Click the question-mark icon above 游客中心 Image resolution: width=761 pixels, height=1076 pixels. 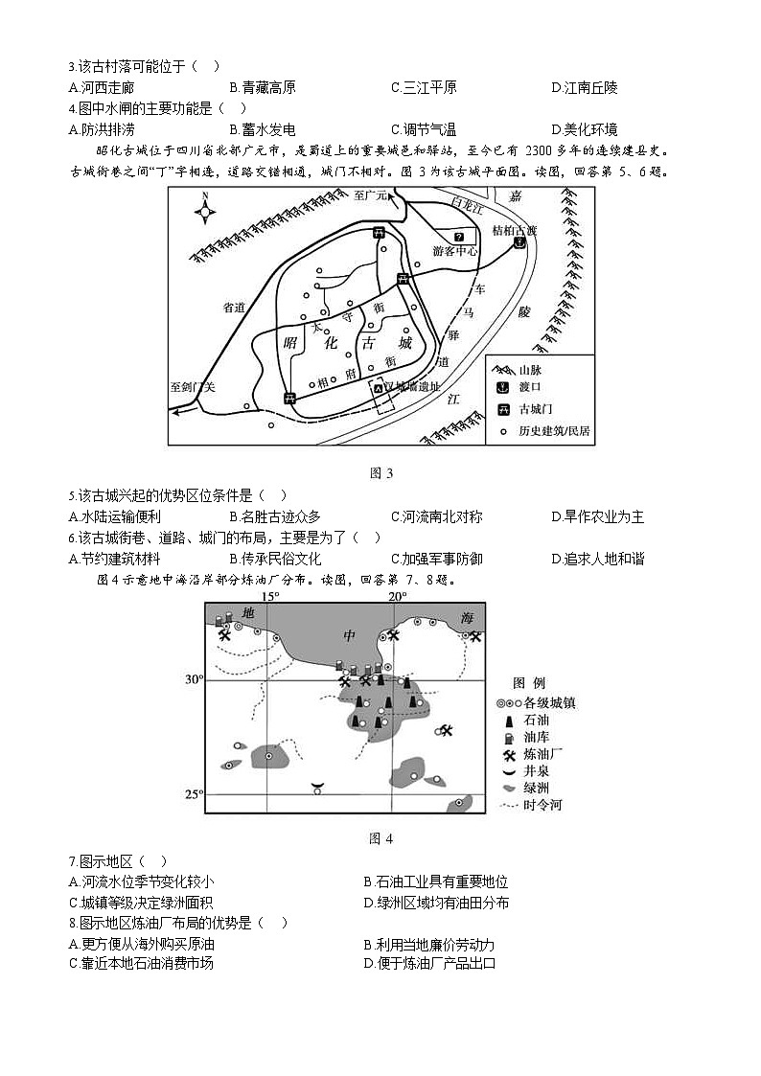459,237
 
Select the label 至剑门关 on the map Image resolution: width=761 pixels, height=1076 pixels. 195,387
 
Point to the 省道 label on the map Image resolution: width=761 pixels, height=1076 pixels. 235,308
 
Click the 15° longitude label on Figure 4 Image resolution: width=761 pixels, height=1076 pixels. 271,596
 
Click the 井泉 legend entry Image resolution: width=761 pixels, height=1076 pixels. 528,770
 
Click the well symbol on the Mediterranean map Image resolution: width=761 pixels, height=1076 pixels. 316,788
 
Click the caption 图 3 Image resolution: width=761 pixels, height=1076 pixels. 380,472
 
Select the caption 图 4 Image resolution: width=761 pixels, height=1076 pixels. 380,838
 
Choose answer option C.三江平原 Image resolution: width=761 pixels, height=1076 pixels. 423,88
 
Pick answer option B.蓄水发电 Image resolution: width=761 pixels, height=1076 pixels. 262,130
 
